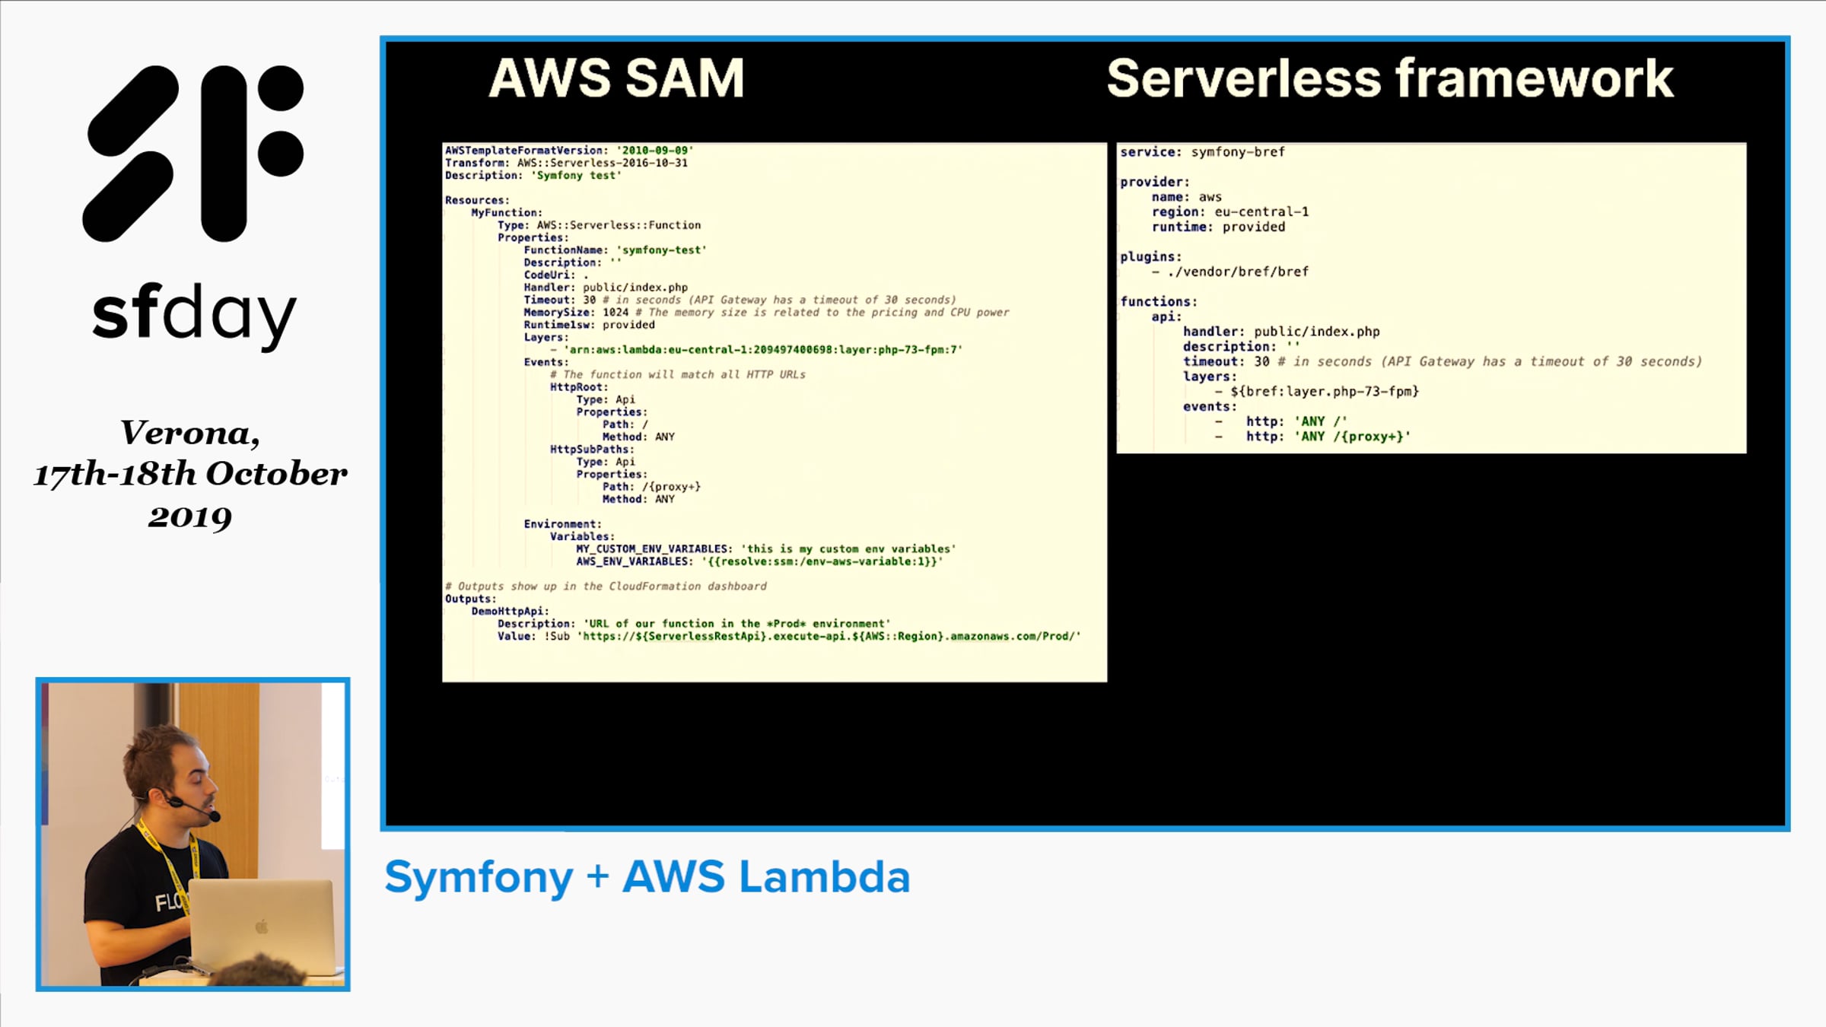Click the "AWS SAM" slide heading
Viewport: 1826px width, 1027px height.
click(616, 78)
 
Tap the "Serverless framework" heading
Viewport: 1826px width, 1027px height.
click(1390, 78)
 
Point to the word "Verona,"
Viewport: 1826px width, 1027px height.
click(190, 433)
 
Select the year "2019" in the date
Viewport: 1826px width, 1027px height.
click(190, 517)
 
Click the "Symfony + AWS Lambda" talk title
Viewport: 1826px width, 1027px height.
click(647, 877)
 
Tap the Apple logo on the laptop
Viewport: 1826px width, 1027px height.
click(262, 926)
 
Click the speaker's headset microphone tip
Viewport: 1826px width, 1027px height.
click(215, 816)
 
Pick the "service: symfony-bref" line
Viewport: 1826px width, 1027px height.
click(1202, 152)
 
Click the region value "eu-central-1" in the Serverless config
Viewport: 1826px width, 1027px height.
click(1261, 212)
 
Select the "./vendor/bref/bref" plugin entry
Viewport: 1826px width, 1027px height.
click(1238, 272)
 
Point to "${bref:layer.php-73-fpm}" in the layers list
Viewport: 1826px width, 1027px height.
click(1325, 392)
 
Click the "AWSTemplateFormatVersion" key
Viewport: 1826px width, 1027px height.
click(524, 151)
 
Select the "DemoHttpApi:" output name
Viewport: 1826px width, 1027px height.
click(510, 612)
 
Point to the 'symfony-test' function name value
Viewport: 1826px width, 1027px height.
click(661, 250)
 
